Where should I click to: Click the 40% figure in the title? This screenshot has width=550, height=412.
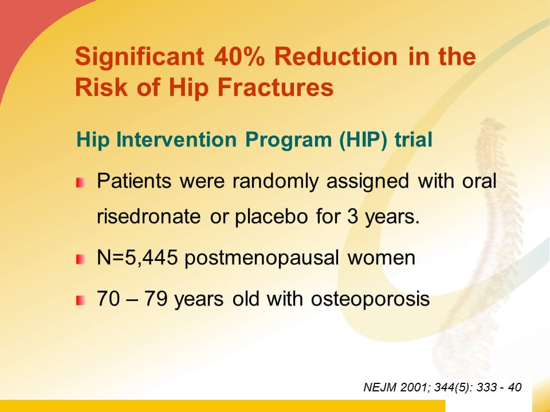coord(239,57)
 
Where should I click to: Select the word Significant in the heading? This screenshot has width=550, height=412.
coord(139,57)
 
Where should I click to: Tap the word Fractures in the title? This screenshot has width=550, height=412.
coord(276,87)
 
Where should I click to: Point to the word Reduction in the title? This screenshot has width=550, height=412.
coord(336,57)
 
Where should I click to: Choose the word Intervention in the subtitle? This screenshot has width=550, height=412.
coord(176,140)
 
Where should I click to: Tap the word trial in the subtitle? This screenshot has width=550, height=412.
coord(413,140)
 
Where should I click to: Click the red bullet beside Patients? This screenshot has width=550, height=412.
coord(80,183)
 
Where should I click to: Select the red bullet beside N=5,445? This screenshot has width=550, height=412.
coord(80,259)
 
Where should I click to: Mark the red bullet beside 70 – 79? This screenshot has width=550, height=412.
coord(80,300)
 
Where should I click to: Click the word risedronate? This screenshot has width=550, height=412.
coord(149,216)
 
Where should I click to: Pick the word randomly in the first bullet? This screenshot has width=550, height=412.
coord(276,182)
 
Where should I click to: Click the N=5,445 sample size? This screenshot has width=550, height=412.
coord(137,258)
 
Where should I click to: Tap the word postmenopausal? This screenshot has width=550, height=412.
coord(262,259)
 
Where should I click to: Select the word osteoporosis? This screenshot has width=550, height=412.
coord(371,299)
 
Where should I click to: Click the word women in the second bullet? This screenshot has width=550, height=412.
coord(382,258)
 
